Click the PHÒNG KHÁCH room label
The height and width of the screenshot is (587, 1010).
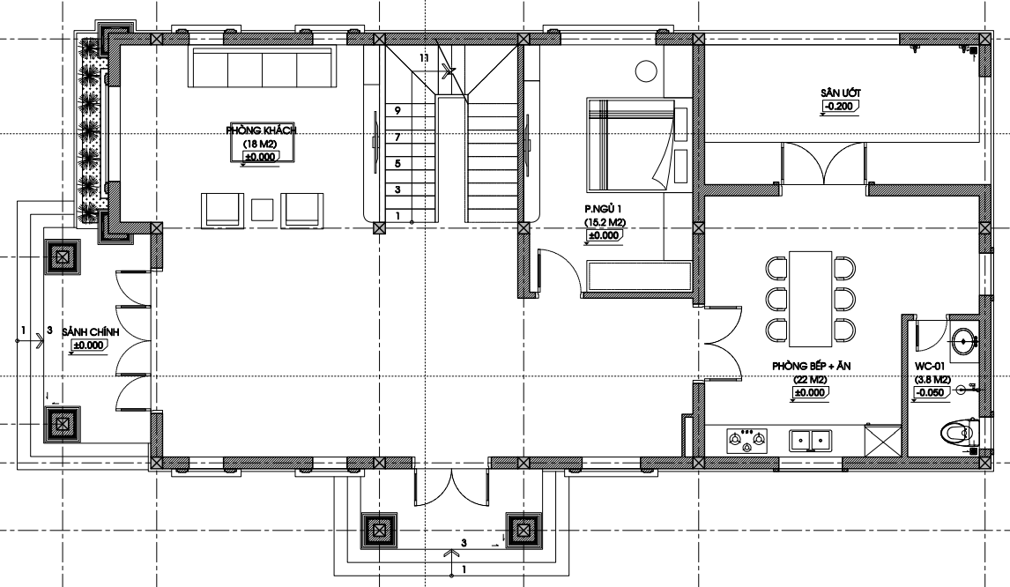pyautogui.click(x=262, y=130)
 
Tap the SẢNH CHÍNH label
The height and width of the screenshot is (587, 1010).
pyautogui.click(x=91, y=331)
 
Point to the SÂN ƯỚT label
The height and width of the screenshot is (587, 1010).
pyautogui.click(x=841, y=93)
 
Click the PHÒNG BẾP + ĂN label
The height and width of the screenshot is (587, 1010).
pyautogui.click(x=812, y=366)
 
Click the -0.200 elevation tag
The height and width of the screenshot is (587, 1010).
pyautogui.click(x=839, y=107)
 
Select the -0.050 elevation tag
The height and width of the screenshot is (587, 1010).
pyautogui.click(x=930, y=392)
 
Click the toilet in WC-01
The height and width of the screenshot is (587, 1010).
pyautogui.click(x=960, y=432)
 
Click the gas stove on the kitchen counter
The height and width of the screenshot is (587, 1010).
pyautogui.click(x=747, y=440)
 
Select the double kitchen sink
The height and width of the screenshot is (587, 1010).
pyautogui.click(x=810, y=440)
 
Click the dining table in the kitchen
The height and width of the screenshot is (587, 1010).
pyautogui.click(x=810, y=298)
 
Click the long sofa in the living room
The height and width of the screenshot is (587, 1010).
pyautogui.click(x=262, y=66)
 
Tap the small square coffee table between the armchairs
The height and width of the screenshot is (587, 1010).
pyautogui.click(x=262, y=211)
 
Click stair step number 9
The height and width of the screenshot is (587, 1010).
pyautogui.click(x=397, y=110)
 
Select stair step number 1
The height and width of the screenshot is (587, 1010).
pyautogui.click(x=397, y=216)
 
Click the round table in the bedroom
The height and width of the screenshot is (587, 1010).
pyautogui.click(x=646, y=71)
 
